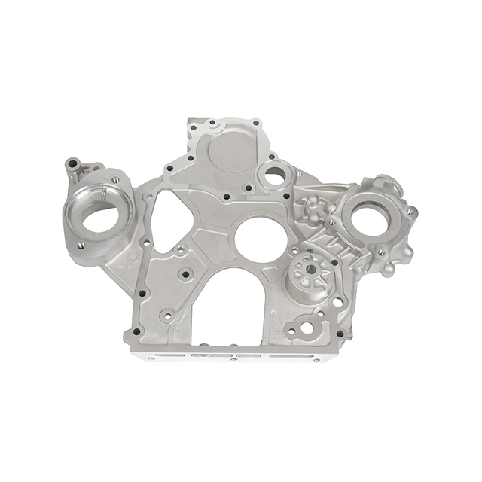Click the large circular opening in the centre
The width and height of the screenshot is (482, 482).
click(261, 239)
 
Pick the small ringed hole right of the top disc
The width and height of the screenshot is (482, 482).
click(275, 175)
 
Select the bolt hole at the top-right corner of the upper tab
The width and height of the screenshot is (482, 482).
click(257, 123)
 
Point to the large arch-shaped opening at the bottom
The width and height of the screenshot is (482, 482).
click(226, 309)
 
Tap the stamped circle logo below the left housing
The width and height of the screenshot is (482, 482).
click(133, 258)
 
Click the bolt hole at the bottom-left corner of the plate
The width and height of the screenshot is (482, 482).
click(136, 331)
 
